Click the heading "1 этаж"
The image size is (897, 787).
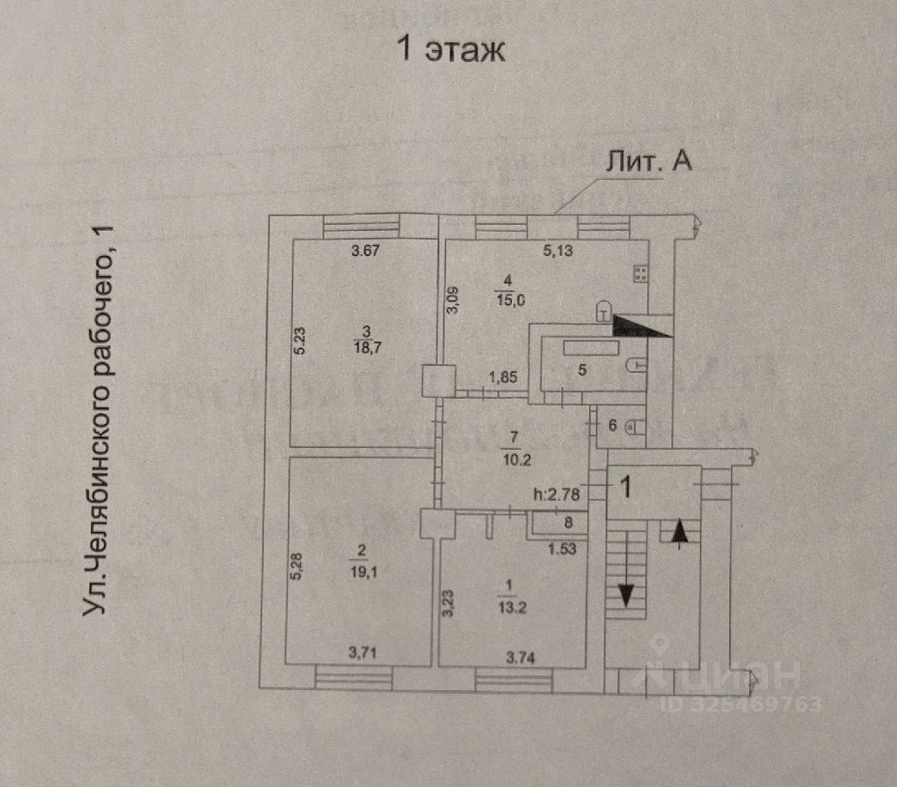pos(450,48)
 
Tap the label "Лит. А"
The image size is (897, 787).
pos(647,163)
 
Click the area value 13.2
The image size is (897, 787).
pos(506,605)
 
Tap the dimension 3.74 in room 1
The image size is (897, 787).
pos(520,658)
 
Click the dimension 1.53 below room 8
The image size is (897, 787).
pos(561,547)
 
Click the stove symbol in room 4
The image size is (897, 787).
pos(641,274)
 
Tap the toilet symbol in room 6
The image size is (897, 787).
pos(631,425)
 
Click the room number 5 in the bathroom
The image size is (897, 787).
pos(582,369)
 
